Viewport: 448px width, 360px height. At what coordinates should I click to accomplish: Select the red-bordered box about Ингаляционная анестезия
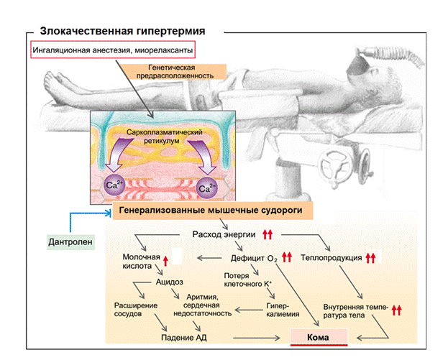pyautogui.click(x=114, y=52)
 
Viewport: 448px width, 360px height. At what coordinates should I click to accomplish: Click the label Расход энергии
pyautogui.click(x=224, y=234)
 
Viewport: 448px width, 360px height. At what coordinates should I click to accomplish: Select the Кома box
pyautogui.click(x=318, y=336)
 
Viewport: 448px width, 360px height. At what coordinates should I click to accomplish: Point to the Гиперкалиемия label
pyautogui.click(x=277, y=310)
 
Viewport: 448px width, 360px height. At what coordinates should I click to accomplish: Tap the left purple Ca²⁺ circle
pyautogui.click(x=114, y=185)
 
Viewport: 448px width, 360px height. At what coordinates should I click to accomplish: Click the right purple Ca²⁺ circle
pyautogui.click(x=208, y=188)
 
